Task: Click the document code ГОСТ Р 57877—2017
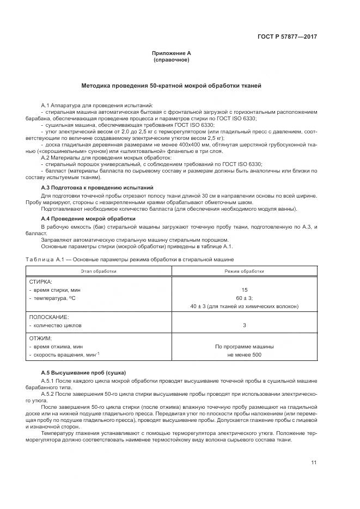click(x=287, y=37)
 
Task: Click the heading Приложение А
click(x=172, y=53)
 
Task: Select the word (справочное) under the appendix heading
click(x=172, y=59)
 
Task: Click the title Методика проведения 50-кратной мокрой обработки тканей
click(x=172, y=86)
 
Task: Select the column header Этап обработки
click(x=99, y=271)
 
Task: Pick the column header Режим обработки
click(x=245, y=271)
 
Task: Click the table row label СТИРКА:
click(x=40, y=282)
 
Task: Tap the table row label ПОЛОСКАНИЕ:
click(x=48, y=316)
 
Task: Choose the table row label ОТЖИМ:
click(x=40, y=338)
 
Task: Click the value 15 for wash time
click(x=245, y=290)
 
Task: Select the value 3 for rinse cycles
click(x=245, y=325)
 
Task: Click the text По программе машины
click(x=245, y=346)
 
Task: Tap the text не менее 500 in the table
click(x=245, y=355)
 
